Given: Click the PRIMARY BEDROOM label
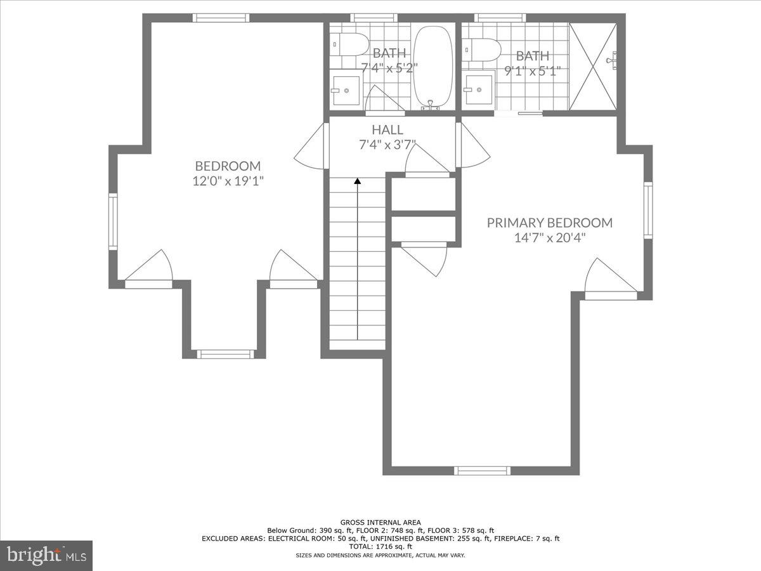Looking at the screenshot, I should point(549,223).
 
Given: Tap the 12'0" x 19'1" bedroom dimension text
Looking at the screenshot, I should point(228,181).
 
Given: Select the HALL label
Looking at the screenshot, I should point(387,129).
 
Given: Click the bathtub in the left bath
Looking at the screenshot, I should point(434,67).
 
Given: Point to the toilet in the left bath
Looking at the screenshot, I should point(351,45).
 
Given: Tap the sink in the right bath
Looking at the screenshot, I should point(479,89).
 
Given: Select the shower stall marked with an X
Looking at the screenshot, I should point(593,67).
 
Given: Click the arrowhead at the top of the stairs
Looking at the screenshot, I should point(358,181).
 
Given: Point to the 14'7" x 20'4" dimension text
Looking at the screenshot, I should point(549,238).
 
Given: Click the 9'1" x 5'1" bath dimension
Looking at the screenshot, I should point(532,70).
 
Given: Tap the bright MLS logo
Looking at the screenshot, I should point(46,555).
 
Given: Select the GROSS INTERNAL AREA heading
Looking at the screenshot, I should point(380,522).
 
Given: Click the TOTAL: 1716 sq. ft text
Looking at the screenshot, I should point(380,546).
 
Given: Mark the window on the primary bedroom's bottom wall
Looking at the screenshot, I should point(482,470).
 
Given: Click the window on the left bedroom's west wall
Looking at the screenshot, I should point(113,221).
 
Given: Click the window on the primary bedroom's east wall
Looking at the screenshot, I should point(647,210).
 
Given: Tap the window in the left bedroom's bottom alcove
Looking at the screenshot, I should point(225,353).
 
